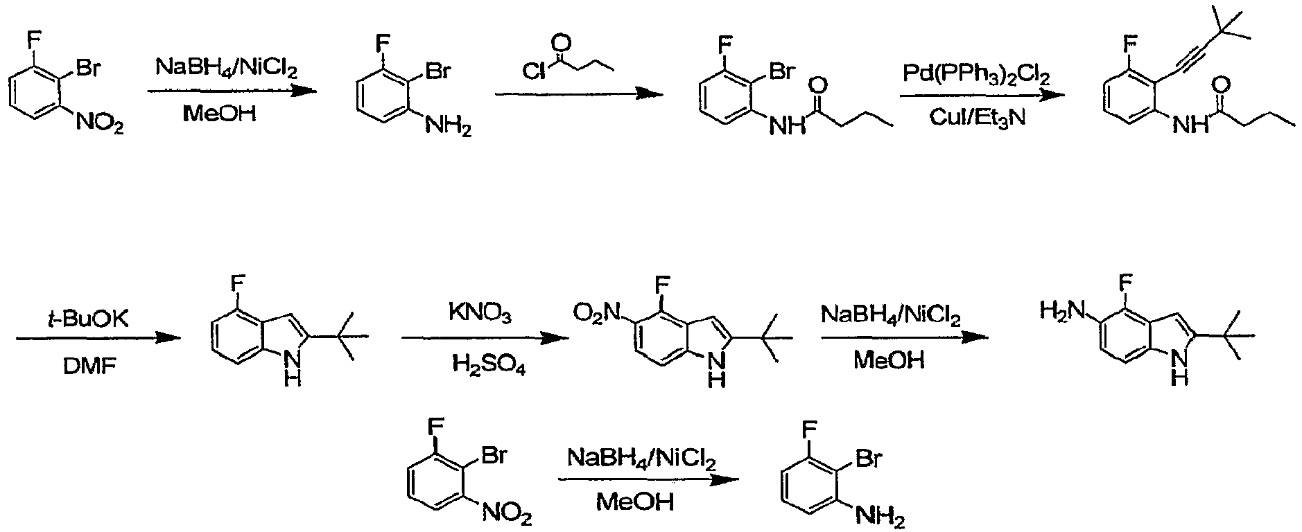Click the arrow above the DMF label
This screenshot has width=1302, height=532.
coord(98,338)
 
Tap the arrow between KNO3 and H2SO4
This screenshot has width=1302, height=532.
coord(484,338)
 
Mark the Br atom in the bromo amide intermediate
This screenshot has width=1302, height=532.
coord(781,73)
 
